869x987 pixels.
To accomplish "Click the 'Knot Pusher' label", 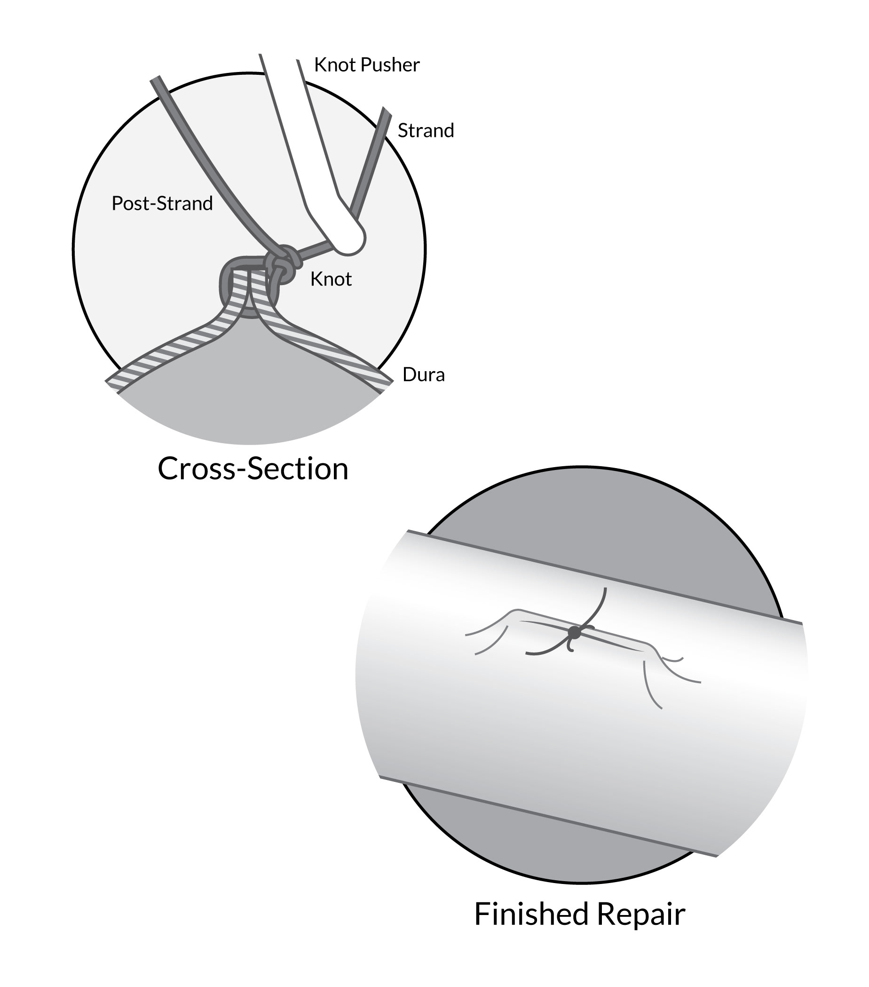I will [x=366, y=65].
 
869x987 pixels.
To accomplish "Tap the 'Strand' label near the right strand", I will [x=425, y=130].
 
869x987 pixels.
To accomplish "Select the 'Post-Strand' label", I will [x=162, y=203].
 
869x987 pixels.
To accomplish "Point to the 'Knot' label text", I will [x=331, y=279].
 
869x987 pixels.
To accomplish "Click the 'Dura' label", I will [x=423, y=375].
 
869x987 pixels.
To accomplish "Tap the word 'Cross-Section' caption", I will [x=253, y=469].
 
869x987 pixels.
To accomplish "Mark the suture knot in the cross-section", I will [x=283, y=263].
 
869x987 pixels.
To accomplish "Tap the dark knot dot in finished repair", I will [x=574, y=632].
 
